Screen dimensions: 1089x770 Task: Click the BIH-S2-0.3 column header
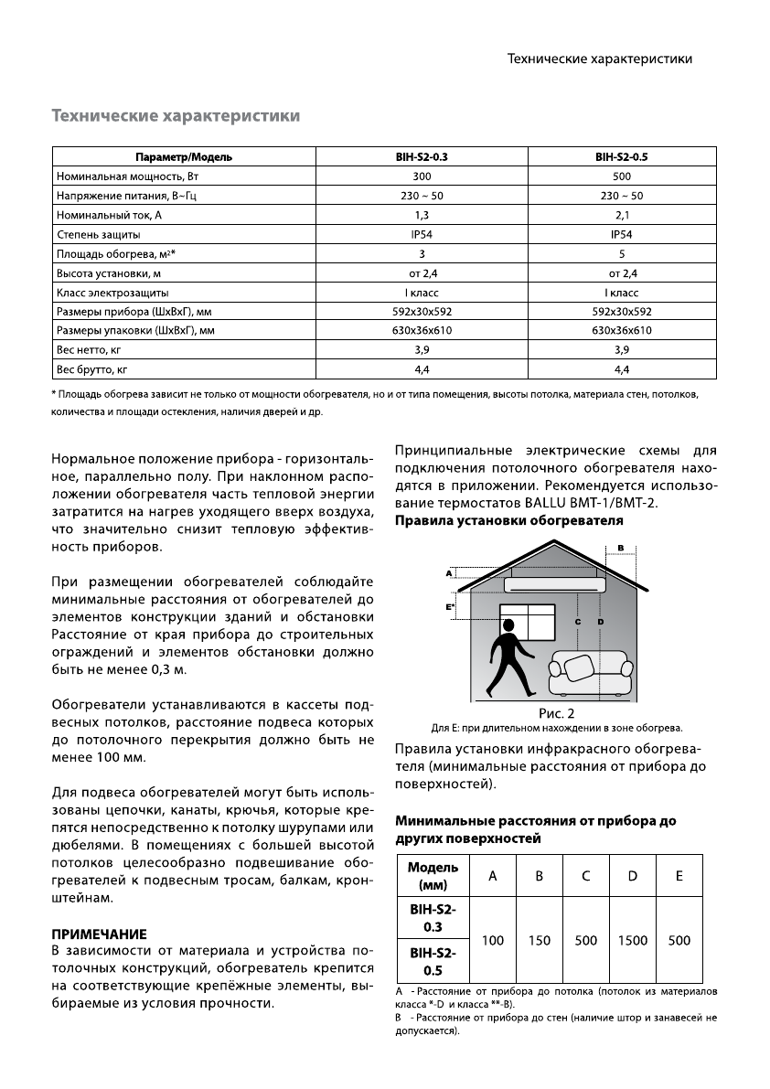pyautogui.click(x=422, y=156)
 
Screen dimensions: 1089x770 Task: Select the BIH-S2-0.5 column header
pyautogui.click(x=621, y=156)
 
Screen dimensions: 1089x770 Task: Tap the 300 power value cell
pyautogui.click(x=422, y=176)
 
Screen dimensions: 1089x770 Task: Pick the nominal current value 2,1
pyautogui.click(x=621, y=215)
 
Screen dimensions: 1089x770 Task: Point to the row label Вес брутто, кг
pyautogui.click(x=91, y=369)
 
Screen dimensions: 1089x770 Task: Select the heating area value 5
pyautogui.click(x=621, y=253)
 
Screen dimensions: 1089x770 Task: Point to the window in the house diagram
pyautogui.click(x=529, y=624)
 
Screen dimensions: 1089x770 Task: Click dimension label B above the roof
pyautogui.click(x=621, y=548)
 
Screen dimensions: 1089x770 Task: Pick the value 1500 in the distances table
pyautogui.click(x=632, y=940)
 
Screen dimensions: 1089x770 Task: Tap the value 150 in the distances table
pyautogui.click(x=540, y=940)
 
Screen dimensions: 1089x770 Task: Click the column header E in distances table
pyautogui.click(x=679, y=876)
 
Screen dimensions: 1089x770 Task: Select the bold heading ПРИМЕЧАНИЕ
pyautogui.click(x=99, y=934)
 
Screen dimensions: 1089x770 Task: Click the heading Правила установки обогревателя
pyautogui.click(x=508, y=520)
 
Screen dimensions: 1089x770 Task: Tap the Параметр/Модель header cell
pyautogui.click(x=184, y=156)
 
